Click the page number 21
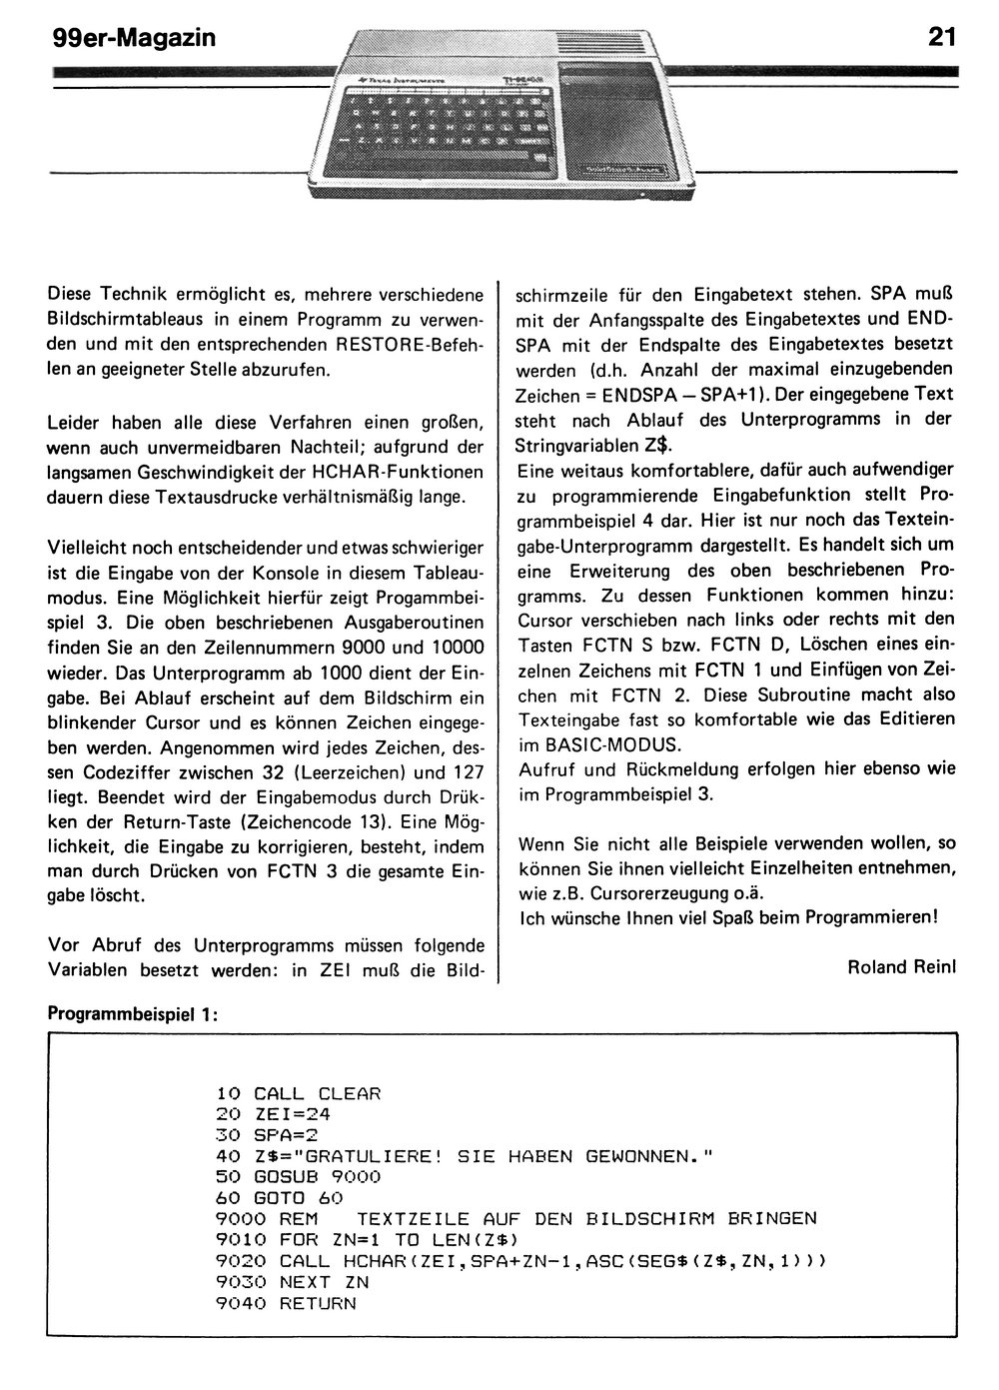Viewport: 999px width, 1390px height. [x=941, y=38]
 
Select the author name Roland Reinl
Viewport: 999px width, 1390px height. [x=901, y=966]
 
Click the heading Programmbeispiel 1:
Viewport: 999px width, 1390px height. [x=133, y=1013]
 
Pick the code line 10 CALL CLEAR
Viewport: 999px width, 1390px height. [x=298, y=1093]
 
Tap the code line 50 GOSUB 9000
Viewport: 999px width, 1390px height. [x=298, y=1177]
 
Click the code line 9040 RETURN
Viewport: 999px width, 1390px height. [x=286, y=1303]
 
